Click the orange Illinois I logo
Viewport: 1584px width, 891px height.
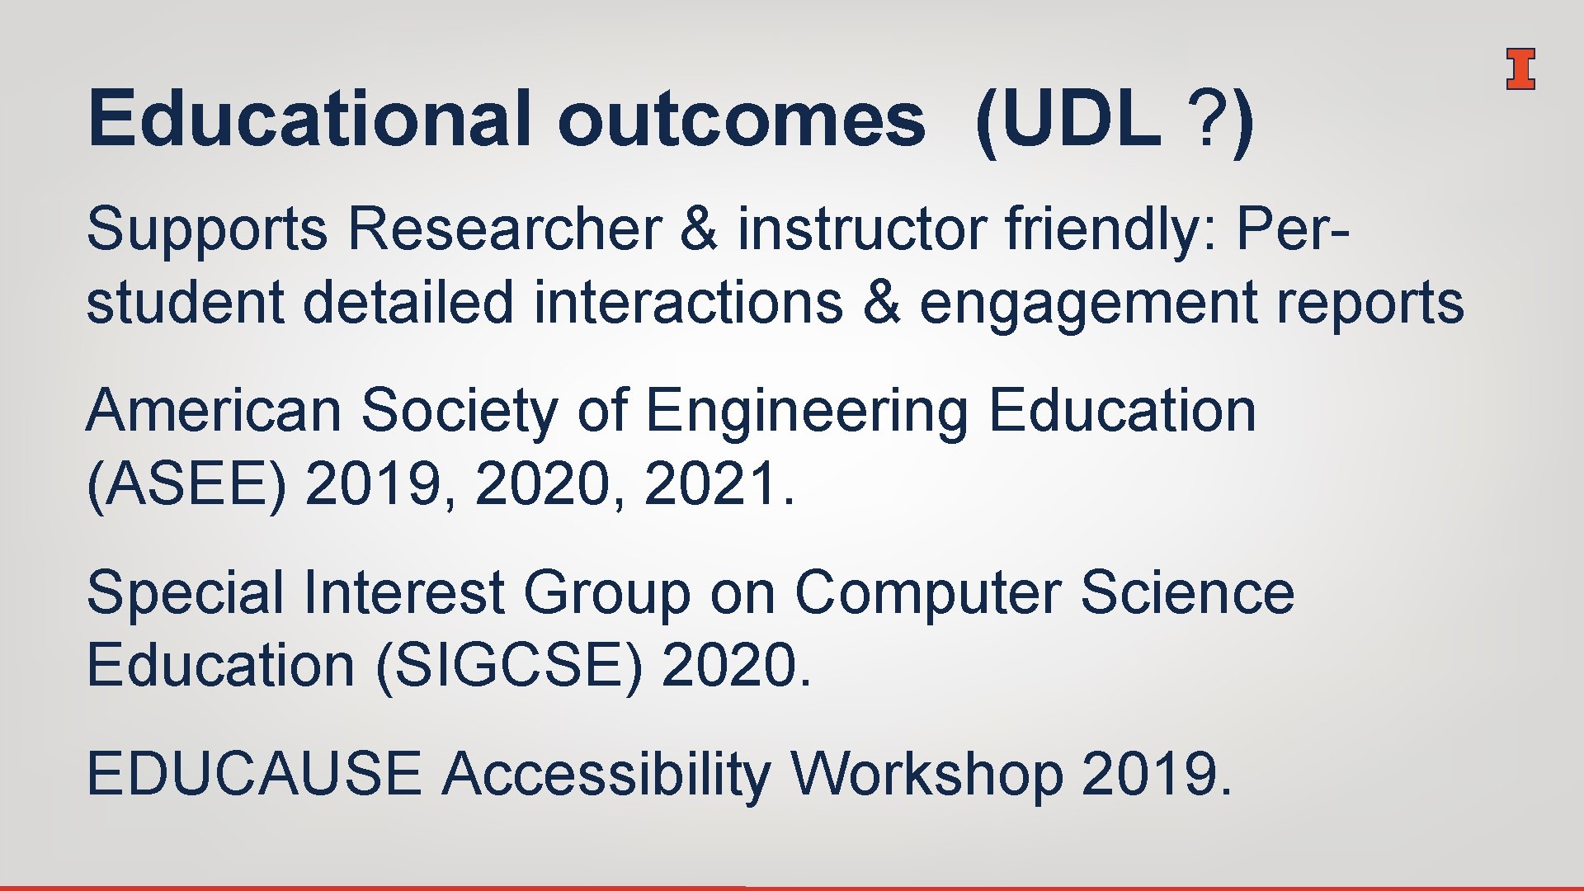1520,69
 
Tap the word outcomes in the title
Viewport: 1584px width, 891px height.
741,120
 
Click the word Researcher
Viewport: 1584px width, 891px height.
504,229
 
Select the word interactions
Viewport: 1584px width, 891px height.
688,303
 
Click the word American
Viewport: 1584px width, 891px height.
214,410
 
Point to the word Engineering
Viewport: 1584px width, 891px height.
806,412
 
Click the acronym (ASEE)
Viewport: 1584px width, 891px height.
186,484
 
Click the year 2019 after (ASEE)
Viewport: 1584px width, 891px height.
373,484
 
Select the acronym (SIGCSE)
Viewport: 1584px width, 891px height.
508,666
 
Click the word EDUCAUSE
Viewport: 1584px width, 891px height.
253,775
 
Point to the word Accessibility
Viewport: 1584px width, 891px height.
606,775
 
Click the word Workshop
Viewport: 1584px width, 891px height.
926,775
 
